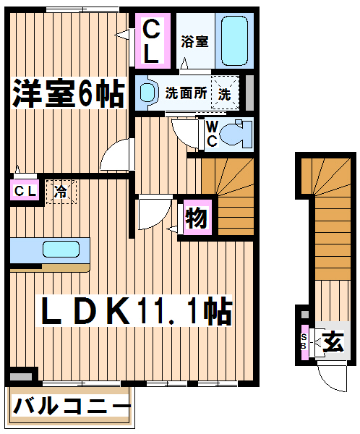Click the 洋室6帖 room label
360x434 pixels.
69,93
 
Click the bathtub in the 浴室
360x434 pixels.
234,41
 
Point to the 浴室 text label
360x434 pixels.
194,41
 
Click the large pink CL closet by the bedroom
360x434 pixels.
153,41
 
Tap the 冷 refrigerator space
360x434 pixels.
61,192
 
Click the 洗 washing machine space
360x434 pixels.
225,92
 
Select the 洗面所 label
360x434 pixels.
186,93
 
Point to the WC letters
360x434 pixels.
212,134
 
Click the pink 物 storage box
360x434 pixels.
197,218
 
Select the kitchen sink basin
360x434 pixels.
61,249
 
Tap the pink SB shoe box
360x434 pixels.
304,342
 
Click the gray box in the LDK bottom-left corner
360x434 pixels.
21,377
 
